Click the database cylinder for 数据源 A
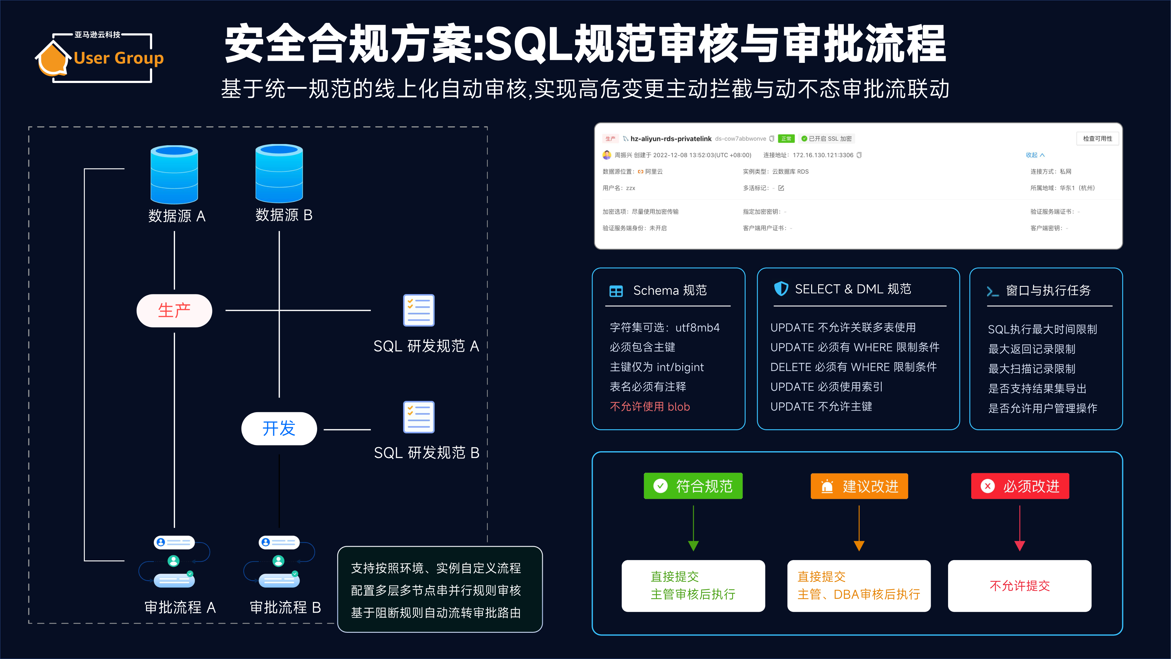click(x=174, y=174)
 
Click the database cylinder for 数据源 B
click(x=279, y=173)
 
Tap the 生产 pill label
click(x=174, y=311)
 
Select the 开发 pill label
click(x=279, y=428)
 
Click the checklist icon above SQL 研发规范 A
click(x=419, y=310)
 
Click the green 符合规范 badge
click(x=693, y=486)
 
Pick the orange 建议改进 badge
click(x=859, y=486)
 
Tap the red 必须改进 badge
click(x=1020, y=486)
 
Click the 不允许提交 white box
click(x=1020, y=586)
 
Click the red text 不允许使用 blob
click(x=650, y=407)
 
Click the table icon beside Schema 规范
click(x=616, y=291)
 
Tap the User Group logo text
click(x=119, y=58)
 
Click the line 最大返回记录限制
click(x=1031, y=349)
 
